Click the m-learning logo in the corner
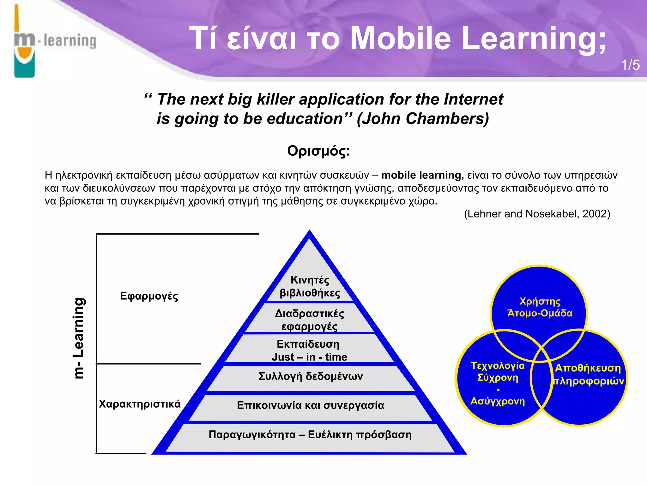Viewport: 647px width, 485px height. coord(54,41)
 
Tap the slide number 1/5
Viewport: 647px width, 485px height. coord(630,65)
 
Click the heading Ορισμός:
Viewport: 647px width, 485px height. coord(318,151)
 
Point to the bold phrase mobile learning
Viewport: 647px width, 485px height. coord(422,175)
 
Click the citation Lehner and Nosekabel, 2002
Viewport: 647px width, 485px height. coord(537,214)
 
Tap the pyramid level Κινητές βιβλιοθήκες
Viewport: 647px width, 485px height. coord(310,286)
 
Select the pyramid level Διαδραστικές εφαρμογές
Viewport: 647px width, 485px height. coord(310,320)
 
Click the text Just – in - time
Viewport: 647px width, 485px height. coord(309,357)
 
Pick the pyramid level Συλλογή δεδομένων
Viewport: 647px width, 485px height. coord(311,376)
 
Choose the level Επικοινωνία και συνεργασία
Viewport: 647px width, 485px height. coord(310,405)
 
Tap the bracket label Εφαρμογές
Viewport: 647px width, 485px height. coord(149,296)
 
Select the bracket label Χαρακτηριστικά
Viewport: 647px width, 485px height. coord(140,404)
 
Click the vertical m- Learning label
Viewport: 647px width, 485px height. coord(78,338)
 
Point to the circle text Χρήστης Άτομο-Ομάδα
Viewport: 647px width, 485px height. coord(540,307)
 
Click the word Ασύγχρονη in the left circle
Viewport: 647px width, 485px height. coord(498,401)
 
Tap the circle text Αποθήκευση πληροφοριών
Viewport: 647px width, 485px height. coord(588,374)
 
